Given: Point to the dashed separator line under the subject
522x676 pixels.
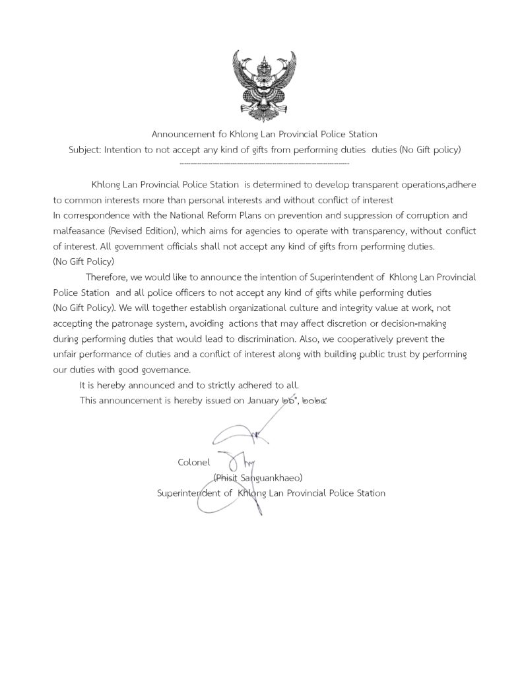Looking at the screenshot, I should pyautogui.click(x=264, y=162).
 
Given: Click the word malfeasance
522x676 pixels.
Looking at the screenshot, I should pyautogui.click(x=77, y=230).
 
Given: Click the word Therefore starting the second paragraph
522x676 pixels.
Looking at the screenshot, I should pyautogui.click(x=107, y=277).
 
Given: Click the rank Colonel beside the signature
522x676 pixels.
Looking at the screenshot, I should pyautogui.click(x=194, y=461).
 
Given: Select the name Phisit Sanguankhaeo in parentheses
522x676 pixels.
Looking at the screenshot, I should pyautogui.click(x=257, y=477).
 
